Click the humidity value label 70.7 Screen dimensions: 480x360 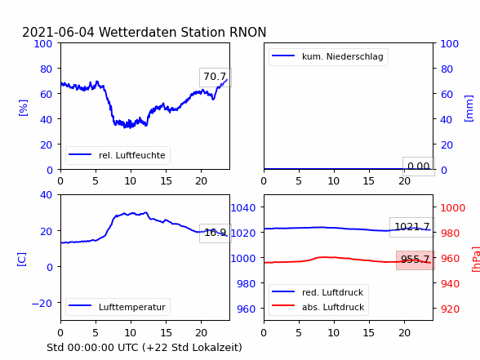click(x=216, y=77)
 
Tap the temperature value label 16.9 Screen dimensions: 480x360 click(x=216, y=233)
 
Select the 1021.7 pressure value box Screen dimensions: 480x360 click(x=412, y=227)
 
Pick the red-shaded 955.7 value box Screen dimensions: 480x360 click(x=416, y=260)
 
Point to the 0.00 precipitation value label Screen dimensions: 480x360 click(x=419, y=167)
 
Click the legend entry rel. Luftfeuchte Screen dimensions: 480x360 click(x=118, y=155)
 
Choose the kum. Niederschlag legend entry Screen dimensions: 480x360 click(x=328, y=56)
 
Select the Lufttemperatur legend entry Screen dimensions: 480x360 click(x=118, y=307)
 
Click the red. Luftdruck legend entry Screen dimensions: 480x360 click(x=318, y=292)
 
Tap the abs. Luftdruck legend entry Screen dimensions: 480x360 click(x=318, y=307)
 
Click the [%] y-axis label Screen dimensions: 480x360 click(x=23, y=108)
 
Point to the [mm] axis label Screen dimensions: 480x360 click(x=469, y=109)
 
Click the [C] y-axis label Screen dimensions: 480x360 click(x=22, y=260)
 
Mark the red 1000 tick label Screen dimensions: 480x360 click(x=453, y=208)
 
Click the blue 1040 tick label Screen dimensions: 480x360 click(x=243, y=208)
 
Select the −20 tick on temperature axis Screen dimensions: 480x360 click(x=42, y=304)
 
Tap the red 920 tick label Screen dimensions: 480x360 click(x=450, y=309)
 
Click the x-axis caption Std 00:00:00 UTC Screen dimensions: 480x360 click(x=93, y=348)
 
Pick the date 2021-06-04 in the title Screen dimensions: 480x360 click(x=59, y=32)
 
